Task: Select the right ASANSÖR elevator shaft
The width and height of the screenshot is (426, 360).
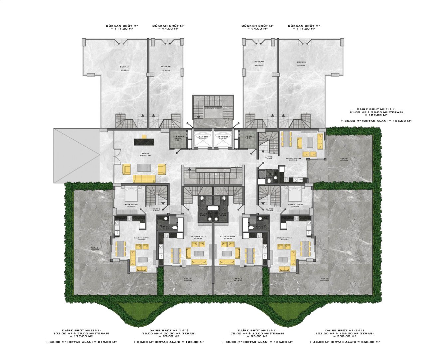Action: [x=223, y=142]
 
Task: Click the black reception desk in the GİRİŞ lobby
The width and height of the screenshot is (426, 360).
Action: [x=143, y=142]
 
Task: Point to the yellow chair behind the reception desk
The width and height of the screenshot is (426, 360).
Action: [x=144, y=136]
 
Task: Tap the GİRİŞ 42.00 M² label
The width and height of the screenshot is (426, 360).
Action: [x=145, y=155]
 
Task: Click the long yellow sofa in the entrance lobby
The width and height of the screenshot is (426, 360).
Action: [x=144, y=179]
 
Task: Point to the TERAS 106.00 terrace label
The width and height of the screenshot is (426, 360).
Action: [x=325, y=280]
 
